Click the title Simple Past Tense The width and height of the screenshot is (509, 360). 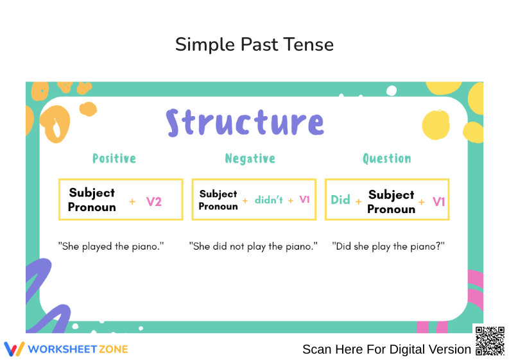pyautogui.click(x=254, y=44)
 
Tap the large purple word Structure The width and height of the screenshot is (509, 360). pyautogui.click(x=245, y=123)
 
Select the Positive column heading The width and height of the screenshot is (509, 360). pyautogui.click(x=114, y=159)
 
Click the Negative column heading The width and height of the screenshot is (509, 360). pyautogui.click(x=250, y=159)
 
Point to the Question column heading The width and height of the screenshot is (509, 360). pyautogui.click(x=386, y=159)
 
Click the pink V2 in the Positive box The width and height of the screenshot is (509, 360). pyautogui.click(x=154, y=201)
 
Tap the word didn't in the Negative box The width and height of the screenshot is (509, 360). pyautogui.click(x=268, y=200)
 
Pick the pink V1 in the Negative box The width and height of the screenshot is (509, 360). pyautogui.click(x=304, y=200)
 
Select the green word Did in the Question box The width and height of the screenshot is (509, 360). pyautogui.click(x=340, y=200)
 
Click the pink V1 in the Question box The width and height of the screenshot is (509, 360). pyautogui.click(x=438, y=201)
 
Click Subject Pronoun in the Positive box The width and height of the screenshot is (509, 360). pyautogui.click(x=92, y=200)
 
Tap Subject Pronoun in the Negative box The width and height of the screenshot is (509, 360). pyautogui.click(x=218, y=200)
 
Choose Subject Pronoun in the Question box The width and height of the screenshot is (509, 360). pyautogui.click(x=391, y=201)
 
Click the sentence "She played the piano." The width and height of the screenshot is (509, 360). pyautogui.click(x=111, y=246)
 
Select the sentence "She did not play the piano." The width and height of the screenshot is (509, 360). pyautogui.click(x=254, y=246)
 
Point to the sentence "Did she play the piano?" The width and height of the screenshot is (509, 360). pyautogui.click(x=388, y=246)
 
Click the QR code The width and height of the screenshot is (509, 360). pyautogui.click(x=489, y=341)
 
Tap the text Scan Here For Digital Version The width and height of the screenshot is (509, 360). pyautogui.click(x=386, y=349)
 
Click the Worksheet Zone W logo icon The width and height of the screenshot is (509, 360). pyautogui.click(x=14, y=348)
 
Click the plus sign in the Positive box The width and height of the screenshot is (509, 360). pyautogui.click(x=132, y=201)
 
